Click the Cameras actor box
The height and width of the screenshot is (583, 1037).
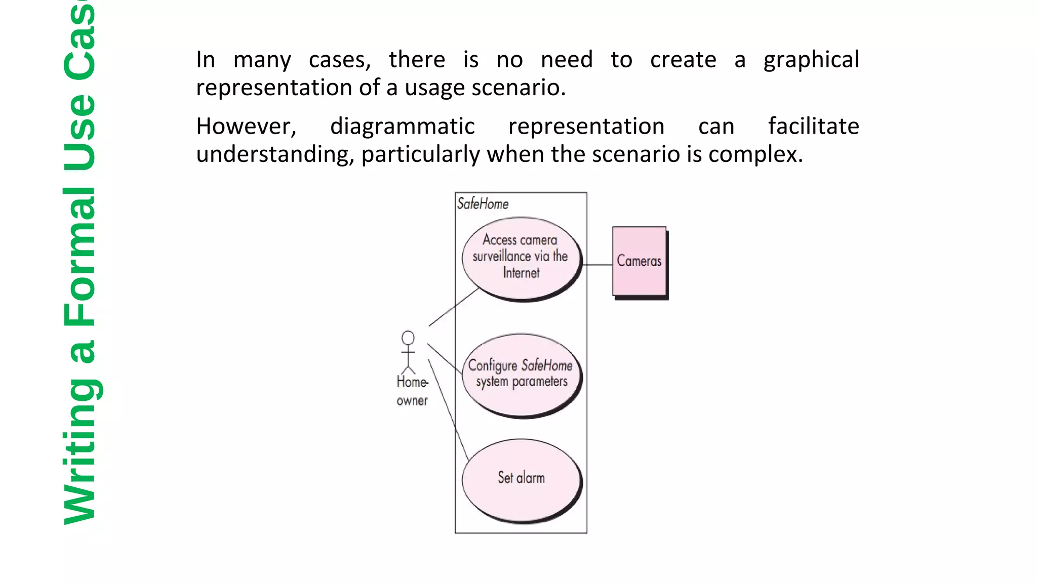click(639, 261)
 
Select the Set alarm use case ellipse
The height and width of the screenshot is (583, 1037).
click(521, 478)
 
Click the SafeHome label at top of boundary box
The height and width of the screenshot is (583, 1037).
click(483, 204)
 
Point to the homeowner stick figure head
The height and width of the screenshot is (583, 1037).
click(408, 338)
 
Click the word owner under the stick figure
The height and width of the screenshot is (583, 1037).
click(412, 401)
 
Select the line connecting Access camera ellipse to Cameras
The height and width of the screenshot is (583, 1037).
click(599, 265)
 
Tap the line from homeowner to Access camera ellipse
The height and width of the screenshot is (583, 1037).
click(453, 307)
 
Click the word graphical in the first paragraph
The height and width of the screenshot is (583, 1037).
click(811, 60)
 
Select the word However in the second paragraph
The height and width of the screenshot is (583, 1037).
click(246, 127)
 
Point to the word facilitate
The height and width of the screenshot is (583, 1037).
click(813, 127)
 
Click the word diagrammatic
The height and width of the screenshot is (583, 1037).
click(402, 127)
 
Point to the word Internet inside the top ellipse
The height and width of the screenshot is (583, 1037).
click(521, 273)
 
